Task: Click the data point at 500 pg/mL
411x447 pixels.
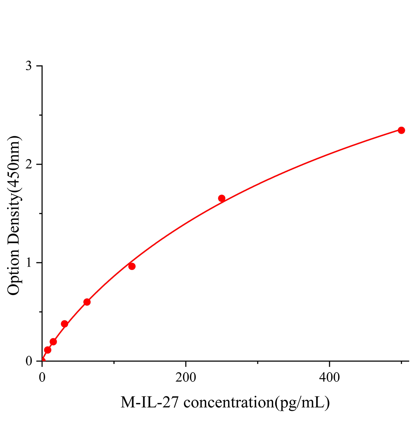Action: point(401,130)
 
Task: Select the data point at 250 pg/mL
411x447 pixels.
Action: point(222,198)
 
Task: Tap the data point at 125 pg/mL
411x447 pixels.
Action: point(132,266)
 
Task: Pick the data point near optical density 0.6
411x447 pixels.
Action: point(87,302)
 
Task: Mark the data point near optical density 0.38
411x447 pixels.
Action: point(64,324)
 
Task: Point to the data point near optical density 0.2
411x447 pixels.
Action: point(53,342)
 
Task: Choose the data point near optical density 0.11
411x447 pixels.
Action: point(48,350)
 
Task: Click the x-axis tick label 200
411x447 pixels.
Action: point(186,377)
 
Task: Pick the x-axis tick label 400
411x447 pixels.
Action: point(329,377)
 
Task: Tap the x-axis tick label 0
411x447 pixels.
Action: point(42,377)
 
